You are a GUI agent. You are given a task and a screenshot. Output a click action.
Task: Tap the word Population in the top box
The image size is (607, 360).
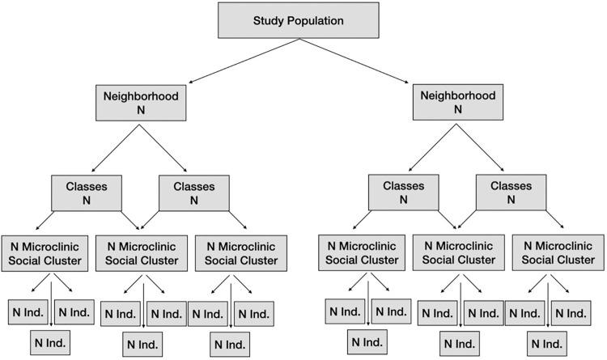pos(320,20)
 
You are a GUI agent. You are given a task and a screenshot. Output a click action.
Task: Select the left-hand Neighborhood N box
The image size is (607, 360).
pos(141,102)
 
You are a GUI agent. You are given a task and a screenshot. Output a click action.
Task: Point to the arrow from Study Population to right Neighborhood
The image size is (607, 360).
pos(356,61)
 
